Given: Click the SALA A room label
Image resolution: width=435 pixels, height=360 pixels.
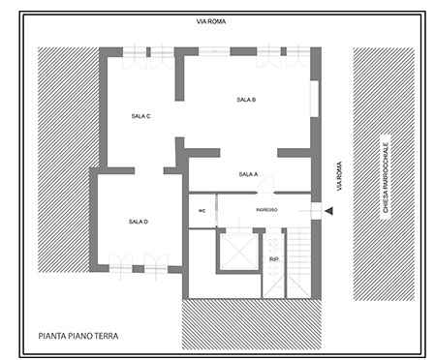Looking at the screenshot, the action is click(x=248, y=174).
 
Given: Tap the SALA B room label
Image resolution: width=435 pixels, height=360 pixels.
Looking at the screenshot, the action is click(x=246, y=100).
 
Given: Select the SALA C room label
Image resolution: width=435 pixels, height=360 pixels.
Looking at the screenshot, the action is click(x=140, y=116).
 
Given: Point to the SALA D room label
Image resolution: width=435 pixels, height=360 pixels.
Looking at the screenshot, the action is click(x=139, y=222).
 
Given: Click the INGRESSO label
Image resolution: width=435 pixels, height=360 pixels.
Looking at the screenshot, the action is click(x=266, y=210).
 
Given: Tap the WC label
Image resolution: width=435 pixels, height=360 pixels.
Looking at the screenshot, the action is click(x=202, y=211).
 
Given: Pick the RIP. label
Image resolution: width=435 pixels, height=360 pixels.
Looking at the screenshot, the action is click(x=274, y=259).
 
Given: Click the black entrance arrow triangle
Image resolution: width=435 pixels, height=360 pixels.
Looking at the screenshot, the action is click(x=329, y=211).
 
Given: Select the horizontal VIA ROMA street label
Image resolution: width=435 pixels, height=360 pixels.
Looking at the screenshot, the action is click(x=211, y=21).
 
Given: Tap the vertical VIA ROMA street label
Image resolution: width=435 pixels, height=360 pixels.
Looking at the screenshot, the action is click(x=339, y=176).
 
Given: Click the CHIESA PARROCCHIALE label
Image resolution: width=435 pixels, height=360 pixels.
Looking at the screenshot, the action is click(x=386, y=177).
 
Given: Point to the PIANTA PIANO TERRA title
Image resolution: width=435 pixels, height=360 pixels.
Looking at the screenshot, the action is click(x=78, y=336).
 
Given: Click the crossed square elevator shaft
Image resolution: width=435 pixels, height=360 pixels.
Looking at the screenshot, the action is click(x=239, y=252).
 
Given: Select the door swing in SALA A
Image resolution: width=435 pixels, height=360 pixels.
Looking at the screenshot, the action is click(x=266, y=185).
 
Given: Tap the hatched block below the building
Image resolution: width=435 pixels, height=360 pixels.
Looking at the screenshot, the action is click(x=252, y=324).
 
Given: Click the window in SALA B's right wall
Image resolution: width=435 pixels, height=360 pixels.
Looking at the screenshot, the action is click(x=315, y=99).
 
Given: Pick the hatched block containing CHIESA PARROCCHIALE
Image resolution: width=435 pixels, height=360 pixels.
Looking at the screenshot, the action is click(x=384, y=174).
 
